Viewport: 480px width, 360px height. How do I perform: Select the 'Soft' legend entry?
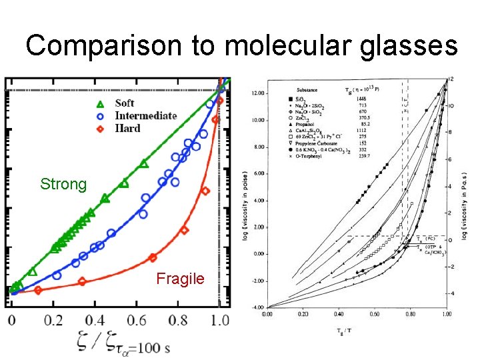124,103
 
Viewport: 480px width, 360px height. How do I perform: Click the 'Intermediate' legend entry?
145,115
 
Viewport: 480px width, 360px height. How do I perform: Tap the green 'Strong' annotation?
63,184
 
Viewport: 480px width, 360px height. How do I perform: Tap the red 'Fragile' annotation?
180,279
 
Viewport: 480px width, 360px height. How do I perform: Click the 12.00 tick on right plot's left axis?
257,93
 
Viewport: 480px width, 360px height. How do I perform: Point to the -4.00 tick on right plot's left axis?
257,307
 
